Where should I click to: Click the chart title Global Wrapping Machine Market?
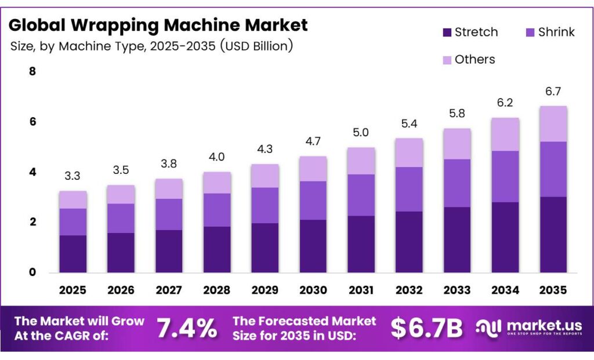(x=158, y=25)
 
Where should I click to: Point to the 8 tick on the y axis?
(x=32, y=72)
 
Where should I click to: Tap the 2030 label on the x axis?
(x=313, y=290)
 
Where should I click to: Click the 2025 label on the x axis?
(x=73, y=290)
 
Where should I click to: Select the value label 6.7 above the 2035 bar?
(x=553, y=92)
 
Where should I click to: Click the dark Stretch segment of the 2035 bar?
(x=553, y=234)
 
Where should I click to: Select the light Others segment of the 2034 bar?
(x=505, y=134)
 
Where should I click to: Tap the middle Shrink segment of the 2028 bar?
(x=217, y=210)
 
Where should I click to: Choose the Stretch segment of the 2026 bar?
(x=121, y=252)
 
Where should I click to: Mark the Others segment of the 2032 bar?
(x=409, y=152)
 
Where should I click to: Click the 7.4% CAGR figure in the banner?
(x=187, y=329)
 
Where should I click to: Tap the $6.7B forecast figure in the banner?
(x=426, y=329)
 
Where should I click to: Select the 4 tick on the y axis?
(x=32, y=172)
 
